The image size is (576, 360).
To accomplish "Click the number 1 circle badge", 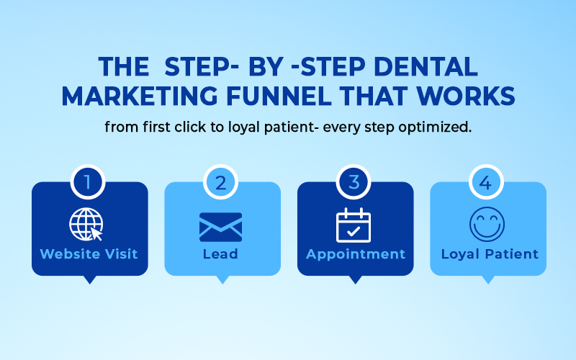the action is (x=88, y=182).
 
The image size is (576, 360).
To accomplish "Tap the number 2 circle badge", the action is (x=220, y=182).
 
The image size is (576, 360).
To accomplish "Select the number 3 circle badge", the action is (x=354, y=182).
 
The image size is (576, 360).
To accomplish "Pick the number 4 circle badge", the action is (x=486, y=182).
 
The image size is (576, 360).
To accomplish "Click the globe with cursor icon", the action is (x=86, y=224).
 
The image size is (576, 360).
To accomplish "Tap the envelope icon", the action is (x=220, y=227).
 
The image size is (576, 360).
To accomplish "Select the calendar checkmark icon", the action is (x=354, y=225).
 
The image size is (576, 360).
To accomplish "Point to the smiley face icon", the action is (x=487, y=224).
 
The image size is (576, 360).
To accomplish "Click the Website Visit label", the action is (x=89, y=254).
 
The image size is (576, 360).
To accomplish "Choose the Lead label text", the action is (x=220, y=254).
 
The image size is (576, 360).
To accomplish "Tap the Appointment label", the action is (x=356, y=255).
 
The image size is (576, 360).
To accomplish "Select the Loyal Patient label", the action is (x=490, y=255).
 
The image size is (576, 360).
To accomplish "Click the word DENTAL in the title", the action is (x=426, y=67).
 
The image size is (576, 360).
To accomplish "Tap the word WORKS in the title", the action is (x=466, y=96).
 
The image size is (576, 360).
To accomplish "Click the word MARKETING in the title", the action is (x=140, y=96).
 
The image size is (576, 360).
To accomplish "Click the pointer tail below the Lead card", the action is (x=222, y=279).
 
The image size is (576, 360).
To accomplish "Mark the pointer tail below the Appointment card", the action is (x=355, y=279).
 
